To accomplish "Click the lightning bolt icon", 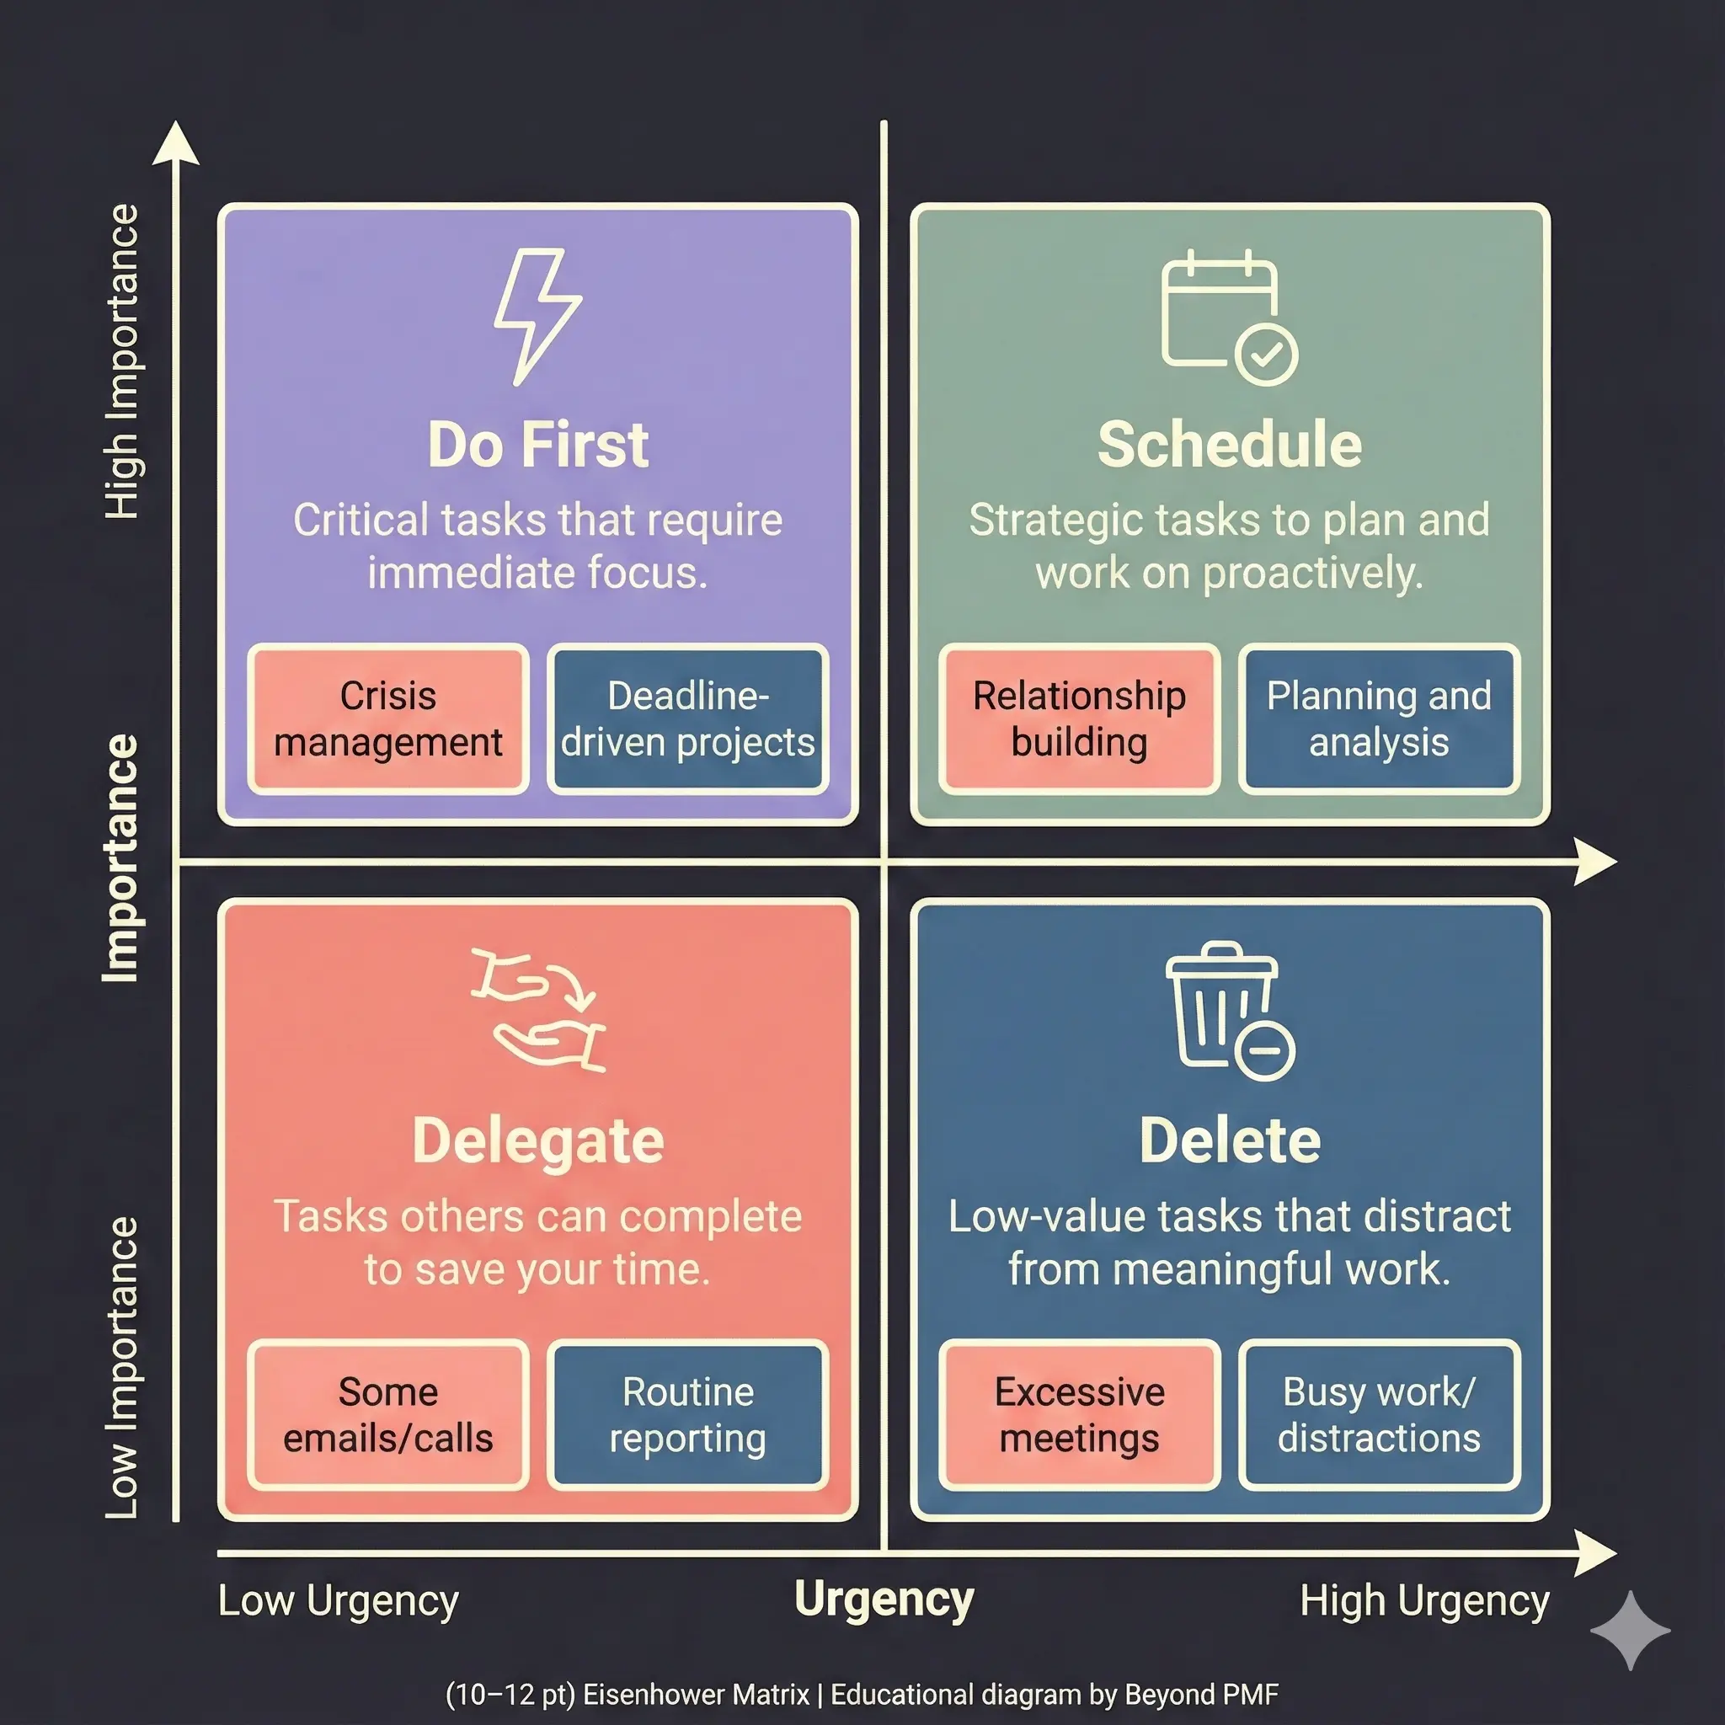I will coord(537,316).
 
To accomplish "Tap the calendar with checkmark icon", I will coord(1228,318).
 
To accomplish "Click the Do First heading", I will coord(537,445).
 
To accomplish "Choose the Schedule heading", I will coord(1229,445).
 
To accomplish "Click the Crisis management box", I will coord(387,718).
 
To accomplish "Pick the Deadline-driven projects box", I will coord(687,718).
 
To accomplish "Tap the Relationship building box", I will coord(1079,718).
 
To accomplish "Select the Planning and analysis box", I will coord(1378,718).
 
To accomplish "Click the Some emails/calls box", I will coord(387,1414).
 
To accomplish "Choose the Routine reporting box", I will coord(687,1414).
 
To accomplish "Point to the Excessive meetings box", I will coord(1079,1414).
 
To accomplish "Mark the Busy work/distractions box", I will coord(1378,1414).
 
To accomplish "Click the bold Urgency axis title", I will coord(883,1599).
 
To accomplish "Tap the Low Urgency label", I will coord(338,1601).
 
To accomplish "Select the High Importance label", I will coord(122,360).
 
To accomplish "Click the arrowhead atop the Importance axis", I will coord(176,145).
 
